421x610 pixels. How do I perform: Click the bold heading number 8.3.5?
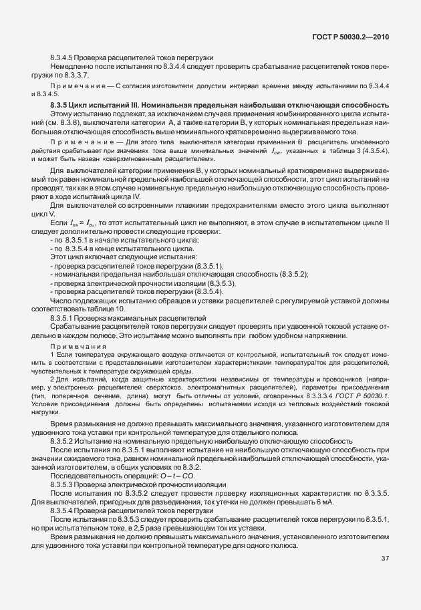[x=61, y=106]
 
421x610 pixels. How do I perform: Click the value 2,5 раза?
[x=171, y=528]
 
